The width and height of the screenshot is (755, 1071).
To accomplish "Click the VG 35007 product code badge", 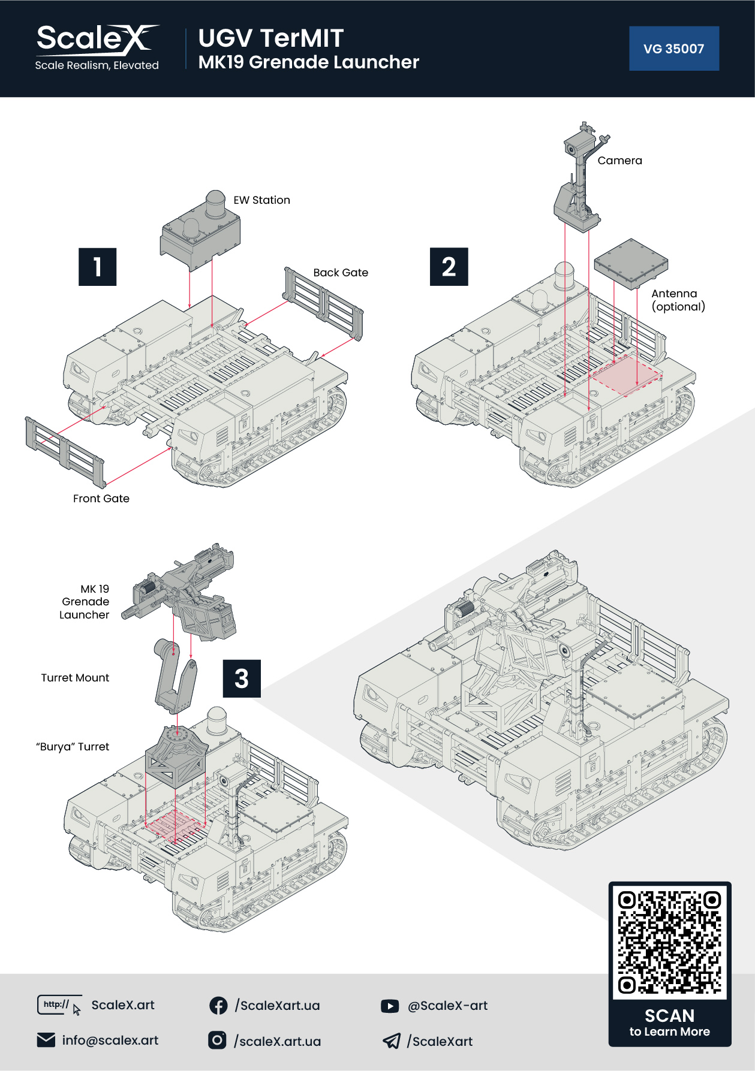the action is point(674,49).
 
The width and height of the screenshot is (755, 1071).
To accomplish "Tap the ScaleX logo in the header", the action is point(98,47).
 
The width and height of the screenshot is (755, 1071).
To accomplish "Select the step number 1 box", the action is point(97,267).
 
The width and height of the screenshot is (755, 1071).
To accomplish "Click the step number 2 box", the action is point(449,267).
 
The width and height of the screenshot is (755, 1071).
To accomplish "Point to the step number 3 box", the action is point(242,678).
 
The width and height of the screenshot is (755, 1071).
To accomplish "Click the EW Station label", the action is point(262,200).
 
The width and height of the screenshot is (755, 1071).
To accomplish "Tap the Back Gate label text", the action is point(341,273).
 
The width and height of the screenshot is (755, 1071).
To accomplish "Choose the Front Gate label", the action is point(101,499).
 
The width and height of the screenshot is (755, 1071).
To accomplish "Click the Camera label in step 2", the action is point(619,161).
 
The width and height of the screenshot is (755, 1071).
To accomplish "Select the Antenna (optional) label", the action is point(678,300).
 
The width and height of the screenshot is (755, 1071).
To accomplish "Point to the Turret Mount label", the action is point(75,678).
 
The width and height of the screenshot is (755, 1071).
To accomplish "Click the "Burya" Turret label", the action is point(73,747).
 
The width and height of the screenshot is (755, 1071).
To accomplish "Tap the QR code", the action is point(669,942).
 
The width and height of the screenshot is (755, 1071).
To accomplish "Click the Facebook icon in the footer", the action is point(218,1006).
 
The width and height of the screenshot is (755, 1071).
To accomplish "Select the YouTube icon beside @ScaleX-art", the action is point(390,1006).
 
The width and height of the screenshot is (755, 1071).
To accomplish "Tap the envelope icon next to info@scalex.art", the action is point(46,1040).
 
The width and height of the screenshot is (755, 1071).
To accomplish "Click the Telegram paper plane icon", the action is point(391,1041).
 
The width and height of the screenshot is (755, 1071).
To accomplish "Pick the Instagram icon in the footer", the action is point(217,1040).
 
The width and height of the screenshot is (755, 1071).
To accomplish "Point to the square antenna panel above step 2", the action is point(631,264).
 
